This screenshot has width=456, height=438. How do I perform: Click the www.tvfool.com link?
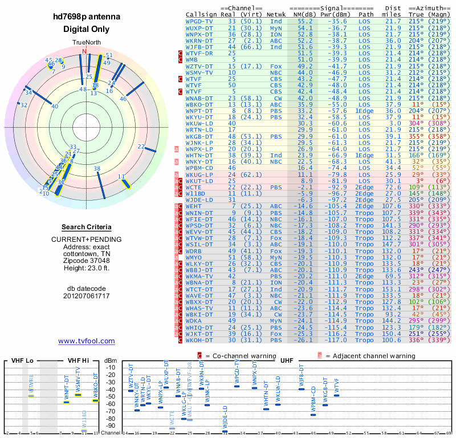86,341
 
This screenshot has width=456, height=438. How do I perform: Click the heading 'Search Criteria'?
86,227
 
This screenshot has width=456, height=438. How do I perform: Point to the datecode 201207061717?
86,296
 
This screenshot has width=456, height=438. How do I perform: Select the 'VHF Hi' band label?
78,360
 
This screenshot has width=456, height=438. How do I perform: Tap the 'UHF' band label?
287,360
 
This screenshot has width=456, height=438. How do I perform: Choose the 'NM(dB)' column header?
302,14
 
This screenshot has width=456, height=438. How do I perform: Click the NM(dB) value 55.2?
305,21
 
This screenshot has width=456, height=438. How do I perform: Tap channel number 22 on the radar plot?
141,147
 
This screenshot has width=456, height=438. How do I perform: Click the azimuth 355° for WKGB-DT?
417,136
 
